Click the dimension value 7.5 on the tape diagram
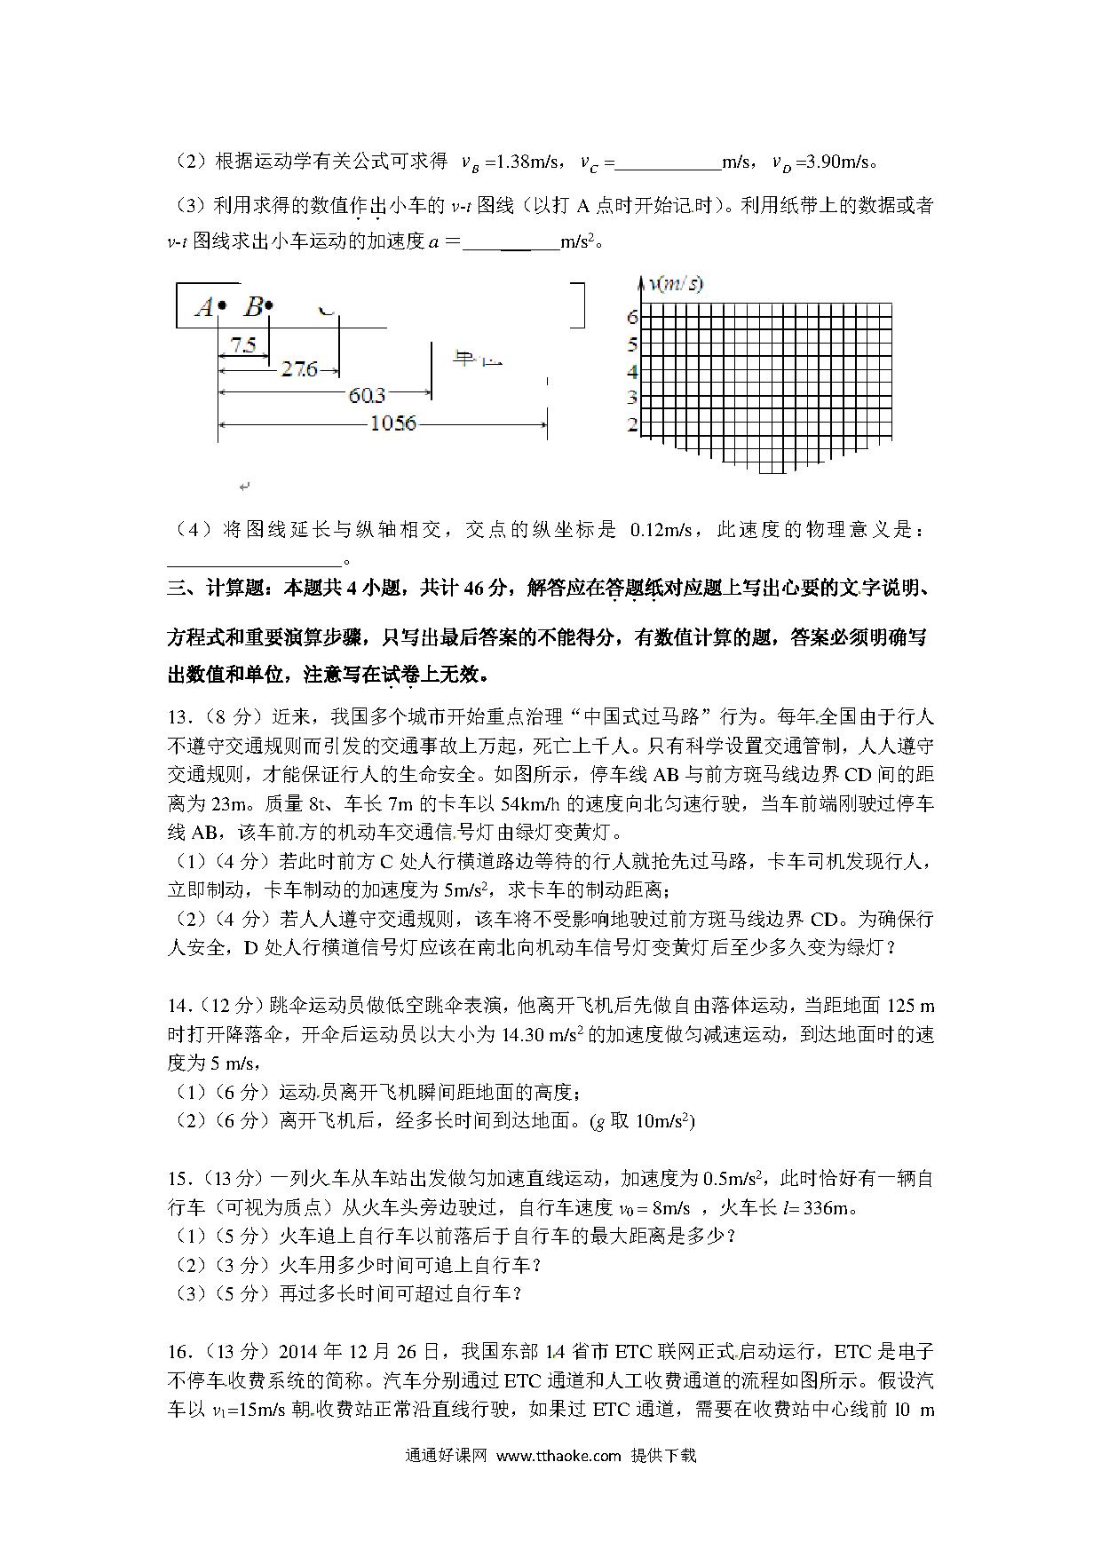click(242, 344)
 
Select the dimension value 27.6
click(299, 368)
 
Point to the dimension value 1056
click(392, 423)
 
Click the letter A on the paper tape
click(204, 307)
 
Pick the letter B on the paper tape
click(253, 307)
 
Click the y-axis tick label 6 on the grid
click(632, 316)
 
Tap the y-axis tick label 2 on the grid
click(632, 425)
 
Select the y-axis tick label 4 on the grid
click(632, 371)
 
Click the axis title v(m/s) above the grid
click(677, 284)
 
